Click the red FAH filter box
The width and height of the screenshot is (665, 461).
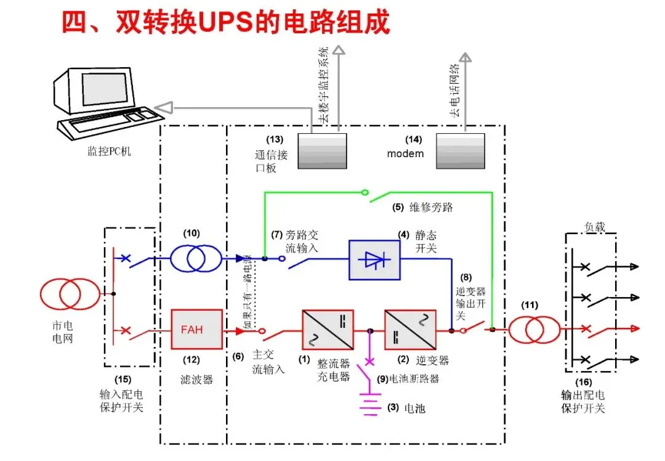tap(196, 329)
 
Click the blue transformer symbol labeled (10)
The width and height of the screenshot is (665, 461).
tap(195, 258)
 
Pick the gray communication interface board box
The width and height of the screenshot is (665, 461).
tap(323, 151)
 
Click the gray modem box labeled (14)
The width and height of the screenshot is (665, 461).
tap(461, 151)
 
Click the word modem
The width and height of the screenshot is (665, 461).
tap(405, 153)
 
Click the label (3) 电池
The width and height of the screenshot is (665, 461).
tap(406, 408)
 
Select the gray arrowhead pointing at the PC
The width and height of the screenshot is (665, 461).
tap(161, 109)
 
